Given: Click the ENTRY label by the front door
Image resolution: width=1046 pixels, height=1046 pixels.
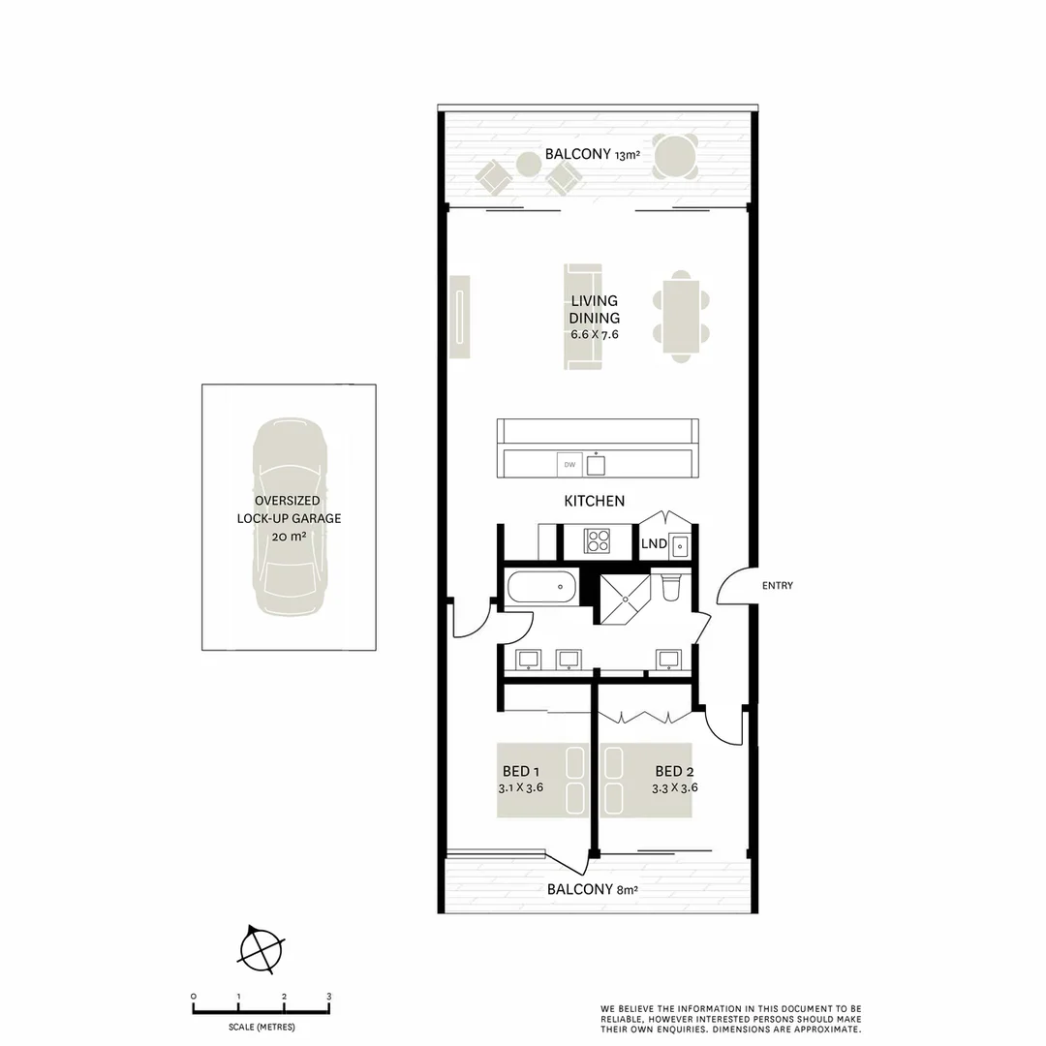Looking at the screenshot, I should tap(777, 585).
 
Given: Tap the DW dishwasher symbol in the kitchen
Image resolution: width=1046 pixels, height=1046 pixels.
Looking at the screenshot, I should tap(569, 466).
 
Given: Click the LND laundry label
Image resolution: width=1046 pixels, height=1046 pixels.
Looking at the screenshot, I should tap(654, 543).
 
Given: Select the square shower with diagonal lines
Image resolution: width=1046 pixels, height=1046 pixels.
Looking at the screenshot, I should tap(627, 600).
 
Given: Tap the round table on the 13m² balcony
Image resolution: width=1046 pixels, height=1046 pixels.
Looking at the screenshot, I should tap(675, 156).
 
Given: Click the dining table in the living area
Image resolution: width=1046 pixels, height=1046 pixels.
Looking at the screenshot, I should tap(682, 318).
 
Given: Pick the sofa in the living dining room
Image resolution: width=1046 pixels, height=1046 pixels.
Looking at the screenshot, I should tap(583, 317).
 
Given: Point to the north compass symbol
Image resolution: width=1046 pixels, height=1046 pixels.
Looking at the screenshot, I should tap(261, 948).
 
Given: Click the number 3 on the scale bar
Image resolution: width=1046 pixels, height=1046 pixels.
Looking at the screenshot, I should tap(329, 997).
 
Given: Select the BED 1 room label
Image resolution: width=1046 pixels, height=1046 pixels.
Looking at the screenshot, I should tap(515, 771).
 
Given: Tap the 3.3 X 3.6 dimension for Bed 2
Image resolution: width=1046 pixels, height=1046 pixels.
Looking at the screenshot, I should tap(674, 787).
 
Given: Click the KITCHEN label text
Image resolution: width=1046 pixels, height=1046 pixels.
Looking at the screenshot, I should tap(594, 501).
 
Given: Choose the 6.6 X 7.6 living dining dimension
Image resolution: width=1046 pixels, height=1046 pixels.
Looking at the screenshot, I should tap(594, 334).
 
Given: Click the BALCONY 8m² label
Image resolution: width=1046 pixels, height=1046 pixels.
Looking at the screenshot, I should tap(592, 889).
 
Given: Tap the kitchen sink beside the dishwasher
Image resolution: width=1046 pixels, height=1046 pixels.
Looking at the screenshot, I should tap(596, 466).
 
